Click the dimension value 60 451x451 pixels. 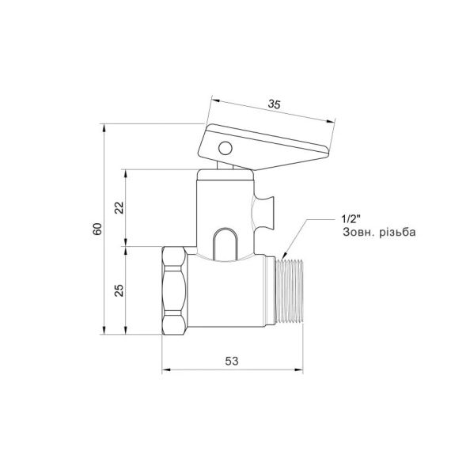(97, 229)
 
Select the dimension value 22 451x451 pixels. (119, 207)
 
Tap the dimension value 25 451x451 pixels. (119, 290)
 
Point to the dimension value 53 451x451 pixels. (232, 361)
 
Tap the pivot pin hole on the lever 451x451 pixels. (225, 147)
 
